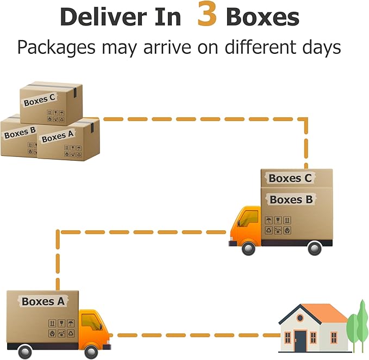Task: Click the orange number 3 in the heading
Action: pos(208,16)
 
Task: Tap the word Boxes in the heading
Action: pos(262,17)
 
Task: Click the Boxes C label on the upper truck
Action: pos(290,178)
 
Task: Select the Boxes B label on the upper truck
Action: pos(291,200)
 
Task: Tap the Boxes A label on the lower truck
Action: pos(43,301)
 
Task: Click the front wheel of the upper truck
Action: pos(248,248)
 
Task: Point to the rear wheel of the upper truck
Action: pos(315,248)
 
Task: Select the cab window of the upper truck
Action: pos(249,218)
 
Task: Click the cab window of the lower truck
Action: pos(91,320)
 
